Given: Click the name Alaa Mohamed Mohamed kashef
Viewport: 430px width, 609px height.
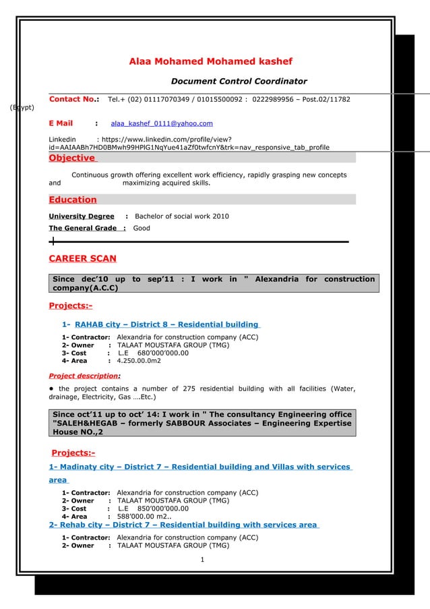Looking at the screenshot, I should [x=210, y=62].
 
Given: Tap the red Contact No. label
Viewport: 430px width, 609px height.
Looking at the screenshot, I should [x=74, y=100].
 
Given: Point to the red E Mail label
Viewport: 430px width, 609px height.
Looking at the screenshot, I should [x=61, y=123].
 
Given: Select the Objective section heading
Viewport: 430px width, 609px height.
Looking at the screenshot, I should [x=73, y=158].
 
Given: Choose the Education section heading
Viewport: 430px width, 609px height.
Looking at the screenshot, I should [x=73, y=200].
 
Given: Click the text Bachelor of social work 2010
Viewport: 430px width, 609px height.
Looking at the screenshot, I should [x=181, y=216].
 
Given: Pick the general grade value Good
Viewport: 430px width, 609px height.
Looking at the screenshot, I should [x=142, y=229].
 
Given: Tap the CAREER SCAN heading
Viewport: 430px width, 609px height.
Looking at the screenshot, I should [x=82, y=258].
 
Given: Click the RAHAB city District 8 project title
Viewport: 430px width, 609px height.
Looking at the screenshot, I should [x=166, y=325].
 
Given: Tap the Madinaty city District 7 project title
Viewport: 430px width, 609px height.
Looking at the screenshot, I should [x=199, y=467].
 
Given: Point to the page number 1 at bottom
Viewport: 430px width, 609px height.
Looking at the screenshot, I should [x=210, y=560].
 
